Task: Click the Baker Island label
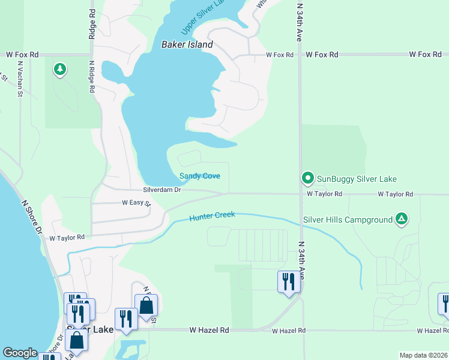point(187,44)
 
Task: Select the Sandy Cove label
point(200,176)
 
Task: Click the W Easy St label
point(136,203)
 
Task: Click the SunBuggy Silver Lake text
point(357,179)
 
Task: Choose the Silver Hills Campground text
point(348,220)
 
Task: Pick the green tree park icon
point(59,70)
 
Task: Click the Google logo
point(20,353)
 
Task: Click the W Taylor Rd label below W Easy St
point(67,238)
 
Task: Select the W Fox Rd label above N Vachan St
point(22,55)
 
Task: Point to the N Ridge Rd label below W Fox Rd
point(92,76)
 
